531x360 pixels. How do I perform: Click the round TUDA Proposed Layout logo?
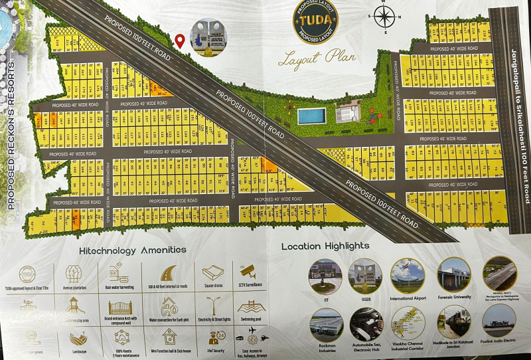[x=315, y=21]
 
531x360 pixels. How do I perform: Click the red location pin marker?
[x=180, y=41]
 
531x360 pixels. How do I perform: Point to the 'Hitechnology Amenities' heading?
[x=133, y=250]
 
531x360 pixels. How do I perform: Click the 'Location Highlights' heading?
[x=325, y=246]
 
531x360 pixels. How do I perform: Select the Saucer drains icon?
[x=212, y=272]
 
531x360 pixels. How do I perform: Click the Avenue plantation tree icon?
[x=73, y=273]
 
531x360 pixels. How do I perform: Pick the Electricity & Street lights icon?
[x=213, y=306]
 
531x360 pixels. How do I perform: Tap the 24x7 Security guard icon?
[x=214, y=337]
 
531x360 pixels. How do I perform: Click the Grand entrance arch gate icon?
[x=120, y=308]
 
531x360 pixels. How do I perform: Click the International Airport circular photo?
[x=408, y=275]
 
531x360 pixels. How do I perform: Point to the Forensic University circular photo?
[x=454, y=274]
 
